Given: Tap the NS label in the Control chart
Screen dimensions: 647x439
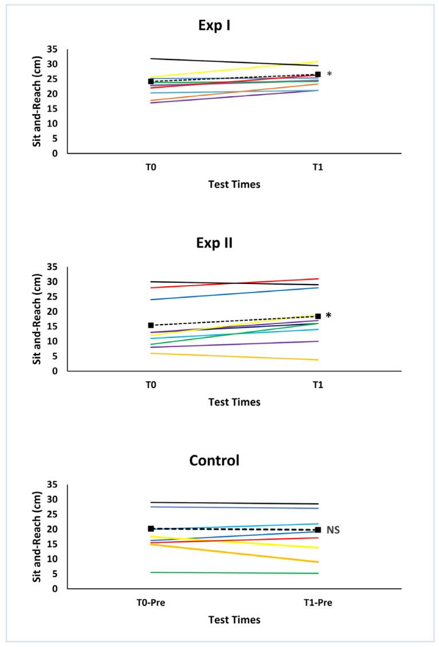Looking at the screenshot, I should coord(334,531).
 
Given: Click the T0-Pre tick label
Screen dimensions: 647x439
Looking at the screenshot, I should coord(151,603).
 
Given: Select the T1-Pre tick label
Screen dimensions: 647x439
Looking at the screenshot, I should coord(318,603).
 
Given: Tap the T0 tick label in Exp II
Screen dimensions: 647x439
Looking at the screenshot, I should coord(151,386).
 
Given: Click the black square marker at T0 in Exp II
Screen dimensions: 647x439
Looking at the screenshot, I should coord(151,325).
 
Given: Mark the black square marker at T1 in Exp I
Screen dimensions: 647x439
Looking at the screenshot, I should coord(318,74).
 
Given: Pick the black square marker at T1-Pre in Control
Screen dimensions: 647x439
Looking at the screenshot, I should coord(318,530).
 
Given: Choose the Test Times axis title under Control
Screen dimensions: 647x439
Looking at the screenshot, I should coord(234,620).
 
